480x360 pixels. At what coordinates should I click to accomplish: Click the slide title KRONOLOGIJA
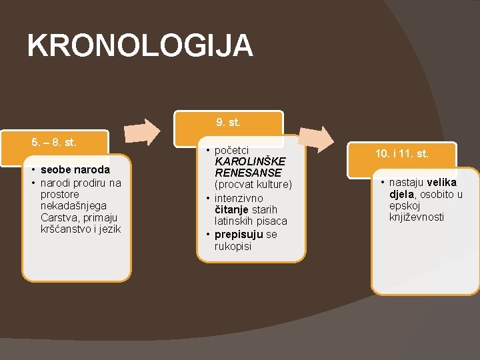140,46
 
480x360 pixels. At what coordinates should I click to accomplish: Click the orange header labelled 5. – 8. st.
55,142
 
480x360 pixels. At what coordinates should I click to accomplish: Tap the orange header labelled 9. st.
228,123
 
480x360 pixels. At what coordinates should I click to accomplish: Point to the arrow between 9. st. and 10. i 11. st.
317,139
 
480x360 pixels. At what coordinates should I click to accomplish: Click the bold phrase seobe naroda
75,169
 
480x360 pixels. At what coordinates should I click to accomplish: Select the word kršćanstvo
67,229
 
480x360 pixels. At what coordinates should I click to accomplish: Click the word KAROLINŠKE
249,162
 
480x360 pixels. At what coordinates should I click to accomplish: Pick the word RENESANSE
248,173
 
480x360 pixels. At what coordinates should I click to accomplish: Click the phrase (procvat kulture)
253,184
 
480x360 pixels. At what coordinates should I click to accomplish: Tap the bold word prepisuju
239,235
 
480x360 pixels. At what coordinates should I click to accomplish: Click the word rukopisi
233,246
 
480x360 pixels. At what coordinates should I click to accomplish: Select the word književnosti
417,217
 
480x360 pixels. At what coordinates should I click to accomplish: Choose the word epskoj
405,205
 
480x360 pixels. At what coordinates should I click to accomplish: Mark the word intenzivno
239,198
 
